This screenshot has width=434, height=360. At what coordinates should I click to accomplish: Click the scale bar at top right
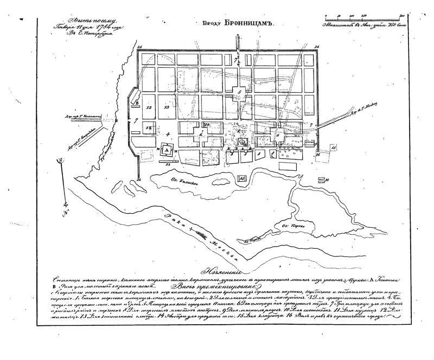click(x=363, y=17)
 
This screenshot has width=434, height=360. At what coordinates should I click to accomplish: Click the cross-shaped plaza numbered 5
click(x=239, y=92)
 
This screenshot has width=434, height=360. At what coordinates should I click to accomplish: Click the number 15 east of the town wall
click(x=333, y=147)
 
